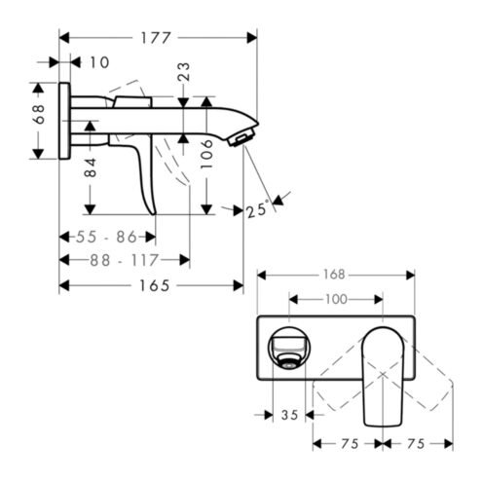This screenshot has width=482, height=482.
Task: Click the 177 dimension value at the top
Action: coord(155,38)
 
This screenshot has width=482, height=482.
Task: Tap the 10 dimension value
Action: coord(99,62)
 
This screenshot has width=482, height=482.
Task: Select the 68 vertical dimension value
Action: coord(39,114)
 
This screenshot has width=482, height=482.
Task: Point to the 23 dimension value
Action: coord(183,71)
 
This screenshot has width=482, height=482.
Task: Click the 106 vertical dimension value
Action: coord(206,154)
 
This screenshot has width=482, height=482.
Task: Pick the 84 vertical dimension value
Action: coord(91,167)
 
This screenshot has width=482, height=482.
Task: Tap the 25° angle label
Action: coord(258,210)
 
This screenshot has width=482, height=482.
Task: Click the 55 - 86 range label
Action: coord(106,237)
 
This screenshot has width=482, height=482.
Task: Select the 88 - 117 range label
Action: coord(124,260)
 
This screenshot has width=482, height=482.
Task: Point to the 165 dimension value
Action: coord(155,286)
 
